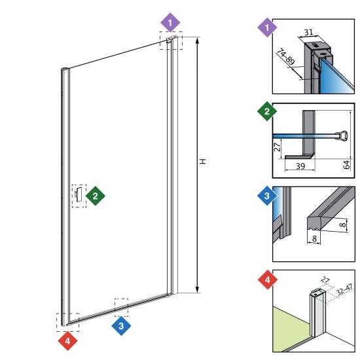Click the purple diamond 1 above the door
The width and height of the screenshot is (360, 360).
click(170, 22)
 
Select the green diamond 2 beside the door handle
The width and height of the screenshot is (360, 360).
click(96, 196)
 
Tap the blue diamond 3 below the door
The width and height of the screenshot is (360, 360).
click(121, 326)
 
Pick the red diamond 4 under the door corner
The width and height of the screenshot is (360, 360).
click(67, 341)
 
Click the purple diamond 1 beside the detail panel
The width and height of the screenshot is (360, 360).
click(267, 27)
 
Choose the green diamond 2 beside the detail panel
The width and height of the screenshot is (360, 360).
click(267, 111)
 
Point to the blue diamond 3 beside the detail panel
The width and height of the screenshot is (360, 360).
click(267, 196)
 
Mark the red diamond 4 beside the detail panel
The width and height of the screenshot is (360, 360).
click(268, 279)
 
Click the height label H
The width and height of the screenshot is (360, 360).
click(203, 162)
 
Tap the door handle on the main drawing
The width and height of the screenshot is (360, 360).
click(79, 194)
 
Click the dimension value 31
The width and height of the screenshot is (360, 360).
click(308, 32)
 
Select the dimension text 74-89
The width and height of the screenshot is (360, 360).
click(285, 57)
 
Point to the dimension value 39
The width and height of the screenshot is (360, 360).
click(300, 166)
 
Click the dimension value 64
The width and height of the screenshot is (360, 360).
click(346, 164)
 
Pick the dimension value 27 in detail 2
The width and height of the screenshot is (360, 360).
click(278, 147)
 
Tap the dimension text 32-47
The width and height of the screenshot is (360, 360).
click(344, 290)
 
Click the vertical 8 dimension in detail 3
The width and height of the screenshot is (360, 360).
click(343, 225)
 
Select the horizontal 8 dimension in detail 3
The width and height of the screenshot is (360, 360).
click(314, 238)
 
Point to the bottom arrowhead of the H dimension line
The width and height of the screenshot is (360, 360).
click(197, 290)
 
